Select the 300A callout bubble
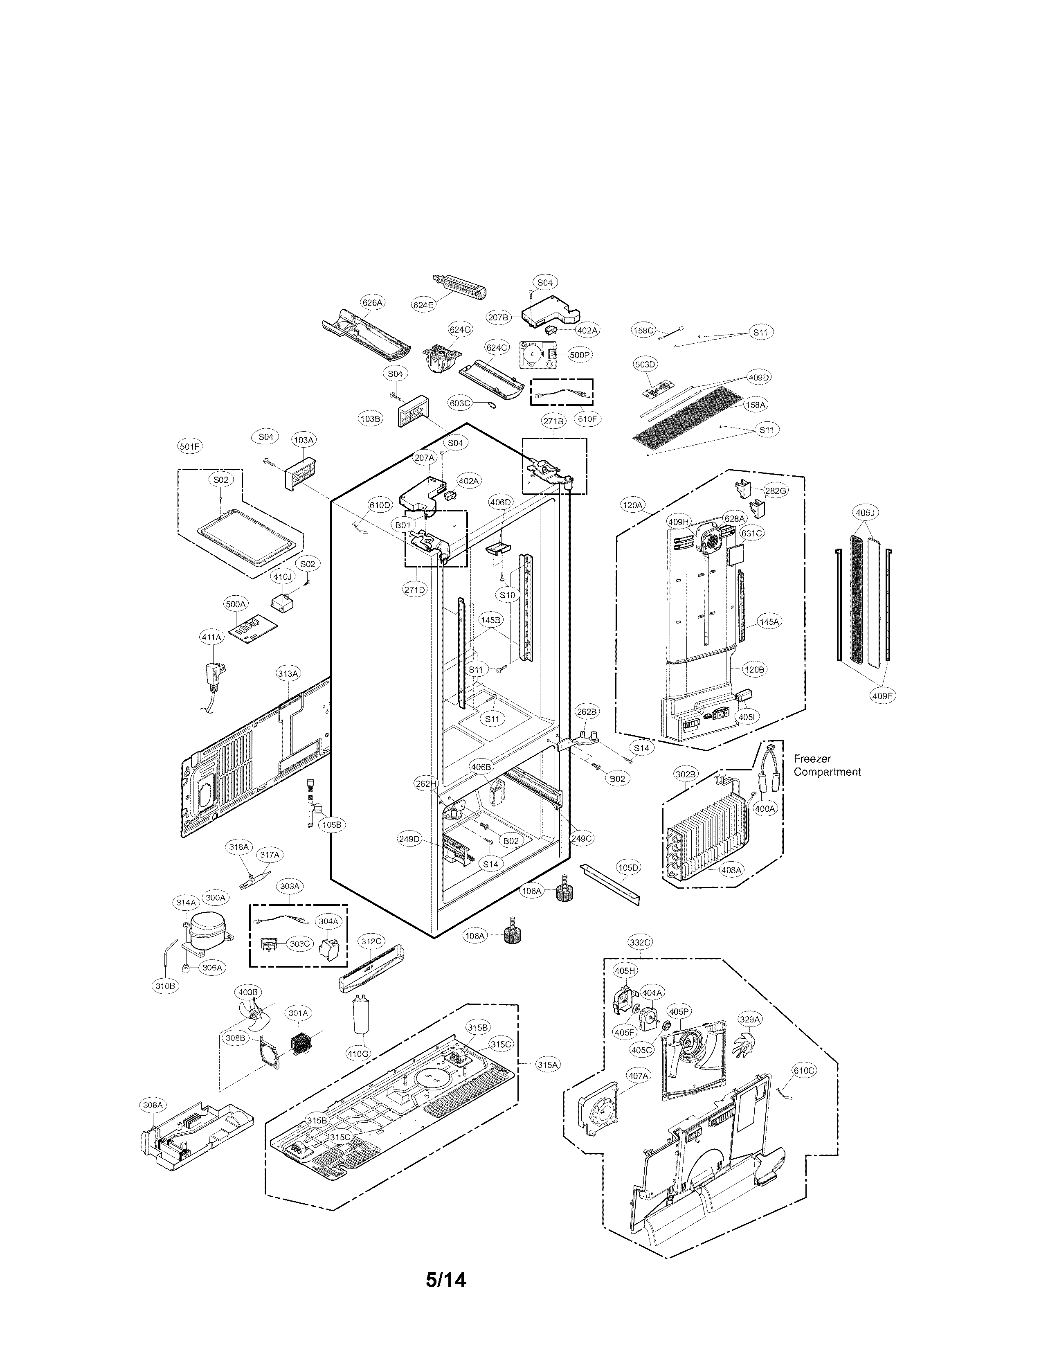[215, 898]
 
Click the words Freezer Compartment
[827, 765]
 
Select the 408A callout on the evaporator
[731, 869]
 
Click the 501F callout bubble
[189, 447]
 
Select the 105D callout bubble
[628, 867]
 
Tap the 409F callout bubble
[882, 696]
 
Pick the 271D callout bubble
[415, 590]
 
